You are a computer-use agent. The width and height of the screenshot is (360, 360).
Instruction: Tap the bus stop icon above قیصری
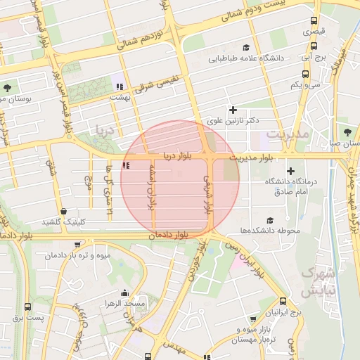[314, 21]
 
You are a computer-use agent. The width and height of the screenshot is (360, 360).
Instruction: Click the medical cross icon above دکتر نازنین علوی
[233, 110]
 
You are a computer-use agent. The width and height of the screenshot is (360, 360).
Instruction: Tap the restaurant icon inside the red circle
[126, 166]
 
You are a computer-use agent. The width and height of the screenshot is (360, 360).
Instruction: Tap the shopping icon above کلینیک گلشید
[64, 210]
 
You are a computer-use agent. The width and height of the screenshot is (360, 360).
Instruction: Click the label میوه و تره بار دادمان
[77, 256]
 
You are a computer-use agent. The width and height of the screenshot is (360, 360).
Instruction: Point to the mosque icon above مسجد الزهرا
[125, 293]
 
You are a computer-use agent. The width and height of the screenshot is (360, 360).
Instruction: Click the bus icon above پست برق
[27, 307]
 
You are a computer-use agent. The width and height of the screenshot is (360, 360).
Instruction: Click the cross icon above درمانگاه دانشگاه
[290, 172]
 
